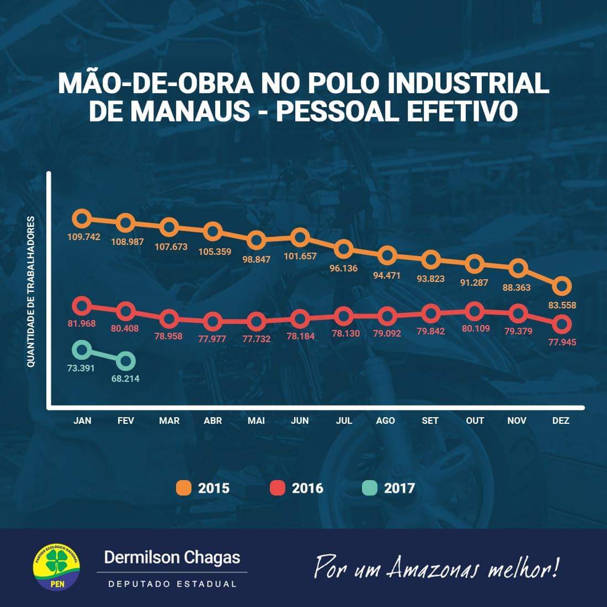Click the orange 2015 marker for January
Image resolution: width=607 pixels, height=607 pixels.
[x=82, y=219]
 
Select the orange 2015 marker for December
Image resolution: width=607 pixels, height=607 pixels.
[x=562, y=286]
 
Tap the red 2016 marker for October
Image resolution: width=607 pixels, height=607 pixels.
[x=475, y=311]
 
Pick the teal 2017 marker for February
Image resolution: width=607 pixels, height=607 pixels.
[x=126, y=361]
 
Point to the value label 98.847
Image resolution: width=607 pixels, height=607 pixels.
[x=256, y=259]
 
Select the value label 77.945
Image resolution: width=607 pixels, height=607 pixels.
[x=562, y=342]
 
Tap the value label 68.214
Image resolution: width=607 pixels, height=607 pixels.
[x=126, y=379]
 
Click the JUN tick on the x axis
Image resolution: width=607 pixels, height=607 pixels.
[x=300, y=420]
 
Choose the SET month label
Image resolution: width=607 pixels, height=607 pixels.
[x=430, y=420]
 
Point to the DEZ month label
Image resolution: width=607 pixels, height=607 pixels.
[x=561, y=420]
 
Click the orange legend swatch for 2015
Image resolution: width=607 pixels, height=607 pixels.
[x=184, y=488]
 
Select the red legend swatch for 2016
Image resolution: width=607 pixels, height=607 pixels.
[x=278, y=488]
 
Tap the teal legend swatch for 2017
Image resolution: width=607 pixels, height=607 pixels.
[x=370, y=488]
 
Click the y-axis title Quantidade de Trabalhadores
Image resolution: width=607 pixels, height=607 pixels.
[x=31, y=292]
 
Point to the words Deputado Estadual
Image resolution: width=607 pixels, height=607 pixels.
[x=172, y=584]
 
